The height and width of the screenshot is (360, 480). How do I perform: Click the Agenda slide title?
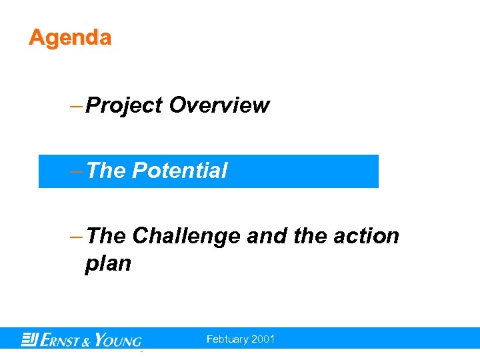point(70,37)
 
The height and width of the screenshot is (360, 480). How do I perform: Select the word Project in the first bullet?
point(124,105)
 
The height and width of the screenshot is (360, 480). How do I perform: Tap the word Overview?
point(219,105)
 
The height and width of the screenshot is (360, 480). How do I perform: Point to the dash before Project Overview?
point(76,105)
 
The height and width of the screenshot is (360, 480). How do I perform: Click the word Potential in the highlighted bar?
point(179,171)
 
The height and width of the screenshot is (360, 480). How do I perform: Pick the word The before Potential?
point(106,171)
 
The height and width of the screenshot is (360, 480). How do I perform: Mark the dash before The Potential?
point(76,171)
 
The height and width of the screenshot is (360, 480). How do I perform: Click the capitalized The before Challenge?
point(106,236)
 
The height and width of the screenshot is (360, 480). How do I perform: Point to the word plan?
point(108,264)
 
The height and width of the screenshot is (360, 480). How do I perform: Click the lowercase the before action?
point(308,236)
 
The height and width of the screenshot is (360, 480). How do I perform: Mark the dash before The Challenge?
point(76,236)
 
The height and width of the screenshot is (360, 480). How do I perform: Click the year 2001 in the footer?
point(263,339)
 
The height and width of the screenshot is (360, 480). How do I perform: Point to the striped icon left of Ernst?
point(29,339)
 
